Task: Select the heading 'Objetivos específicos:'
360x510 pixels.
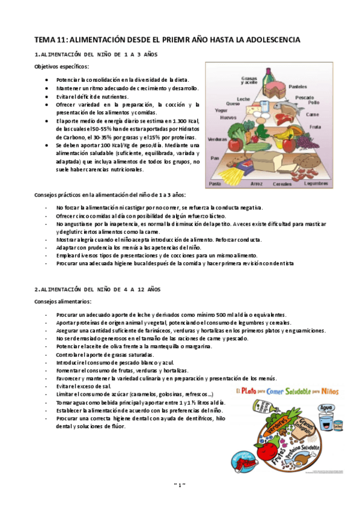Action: tap(61, 67)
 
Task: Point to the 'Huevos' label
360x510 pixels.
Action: tap(228, 117)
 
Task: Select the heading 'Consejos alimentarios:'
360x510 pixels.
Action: tap(63, 301)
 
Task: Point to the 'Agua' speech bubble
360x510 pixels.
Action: tap(326, 407)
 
